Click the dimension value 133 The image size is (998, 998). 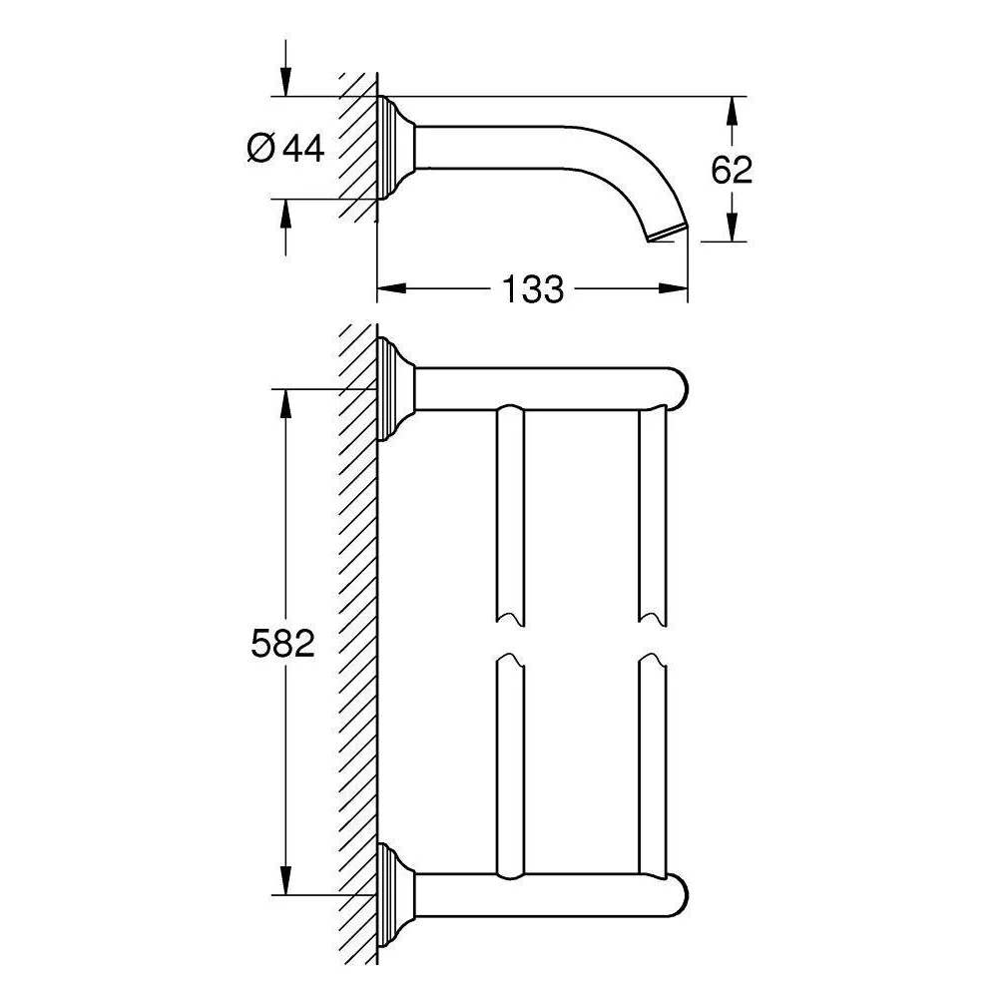(x=533, y=289)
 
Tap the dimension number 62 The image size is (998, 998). (x=732, y=170)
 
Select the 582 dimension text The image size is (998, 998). (x=282, y=643)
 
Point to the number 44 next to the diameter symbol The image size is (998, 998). (x=303, y=149)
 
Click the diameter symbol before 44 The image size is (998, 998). (x=260, y=149)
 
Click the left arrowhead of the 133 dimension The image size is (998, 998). (x=391, y=289)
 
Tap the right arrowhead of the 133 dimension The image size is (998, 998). (x=674, y=289)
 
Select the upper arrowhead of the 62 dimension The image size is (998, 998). (x=732, y=111)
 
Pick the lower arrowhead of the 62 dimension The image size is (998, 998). (x=732, y=228)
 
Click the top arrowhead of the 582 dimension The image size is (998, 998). (x=285, y=403)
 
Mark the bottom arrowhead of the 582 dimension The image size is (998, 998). (x=285, y=880)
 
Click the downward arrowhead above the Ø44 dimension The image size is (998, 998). (x=285, y=83)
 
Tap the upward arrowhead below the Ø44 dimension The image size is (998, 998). (x=285, y=214)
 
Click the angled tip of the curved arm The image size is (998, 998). (x=667, y=234)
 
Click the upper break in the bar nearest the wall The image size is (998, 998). (x=510, y=620)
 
